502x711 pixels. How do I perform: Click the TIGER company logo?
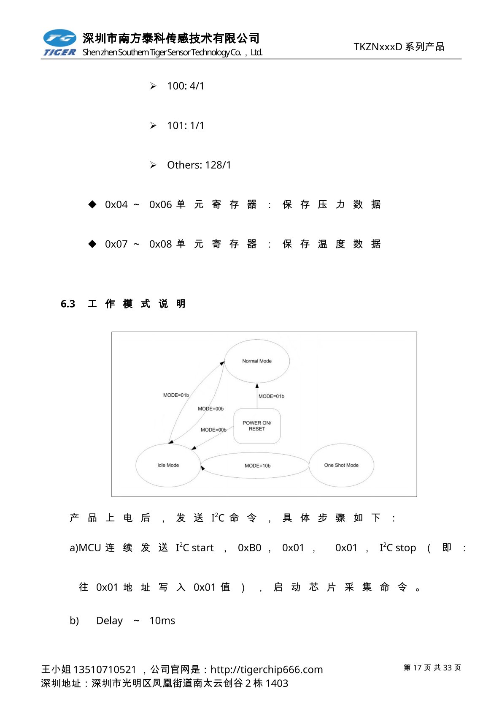(x=59, y=43)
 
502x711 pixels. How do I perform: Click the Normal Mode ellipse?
(x=257, y=361)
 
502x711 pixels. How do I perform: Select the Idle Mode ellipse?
(x=168, y=465)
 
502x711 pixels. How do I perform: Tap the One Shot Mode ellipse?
(x=341, y=465)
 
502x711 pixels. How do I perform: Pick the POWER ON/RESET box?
(x=257, y=426)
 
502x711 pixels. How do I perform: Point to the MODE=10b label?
(x=257, y=466)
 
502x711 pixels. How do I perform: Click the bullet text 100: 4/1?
(x=186, y=86)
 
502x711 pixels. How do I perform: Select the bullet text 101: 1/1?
(x=186, y=125)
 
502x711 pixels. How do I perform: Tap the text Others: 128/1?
(x=199, y=165)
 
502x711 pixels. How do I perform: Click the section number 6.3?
(x=68, y=304)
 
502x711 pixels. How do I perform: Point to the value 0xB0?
(x=249, y=548)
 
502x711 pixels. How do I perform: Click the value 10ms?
(x=162, y=621)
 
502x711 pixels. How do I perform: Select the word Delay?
(x=109, y=621)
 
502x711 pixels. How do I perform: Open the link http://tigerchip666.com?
(x=267, y=670)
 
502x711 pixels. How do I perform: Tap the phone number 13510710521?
(x=105, y=670)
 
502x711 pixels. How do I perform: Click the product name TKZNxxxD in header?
(x=378, y=47)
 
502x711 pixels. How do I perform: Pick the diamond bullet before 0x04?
(x=92, y=204)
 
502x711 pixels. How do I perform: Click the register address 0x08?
(x=161, y=244)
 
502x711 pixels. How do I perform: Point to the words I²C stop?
(x=397, y=548)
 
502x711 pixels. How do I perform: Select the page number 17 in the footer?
(x=417, y=667)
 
